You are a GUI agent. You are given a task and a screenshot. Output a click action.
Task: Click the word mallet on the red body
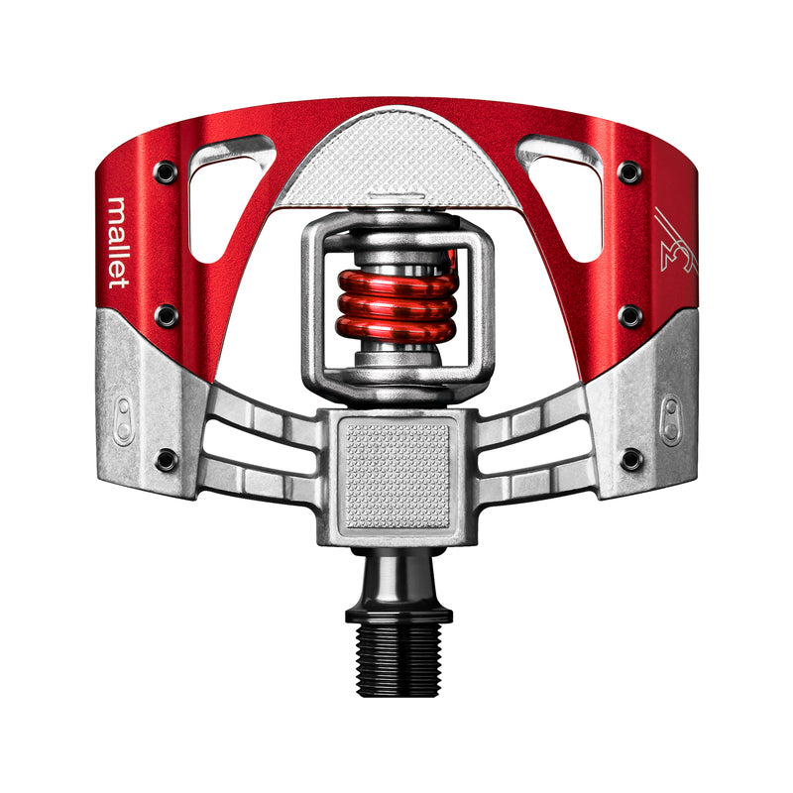118,244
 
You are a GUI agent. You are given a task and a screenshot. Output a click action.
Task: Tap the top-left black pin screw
166,172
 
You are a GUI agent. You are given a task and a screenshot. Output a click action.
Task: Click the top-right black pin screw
629,172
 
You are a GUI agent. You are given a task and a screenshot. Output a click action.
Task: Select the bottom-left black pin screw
166,460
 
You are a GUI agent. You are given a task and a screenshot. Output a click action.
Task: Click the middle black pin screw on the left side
167,315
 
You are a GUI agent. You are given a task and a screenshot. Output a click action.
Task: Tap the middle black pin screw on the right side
629,315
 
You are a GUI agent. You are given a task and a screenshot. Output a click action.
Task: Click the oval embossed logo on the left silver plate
124,420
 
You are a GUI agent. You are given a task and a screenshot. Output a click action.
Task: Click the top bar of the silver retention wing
397,223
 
